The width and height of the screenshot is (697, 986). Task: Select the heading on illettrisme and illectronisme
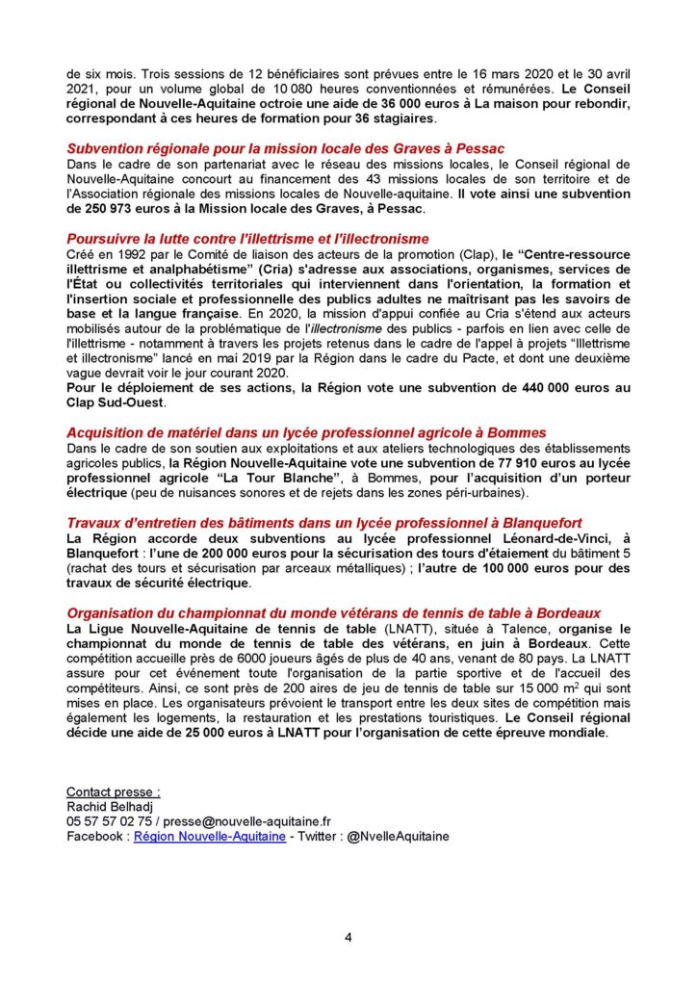coord(247,238)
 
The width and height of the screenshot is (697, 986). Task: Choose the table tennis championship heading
coord(333,612)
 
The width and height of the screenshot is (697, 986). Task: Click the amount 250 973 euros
coord(113,209)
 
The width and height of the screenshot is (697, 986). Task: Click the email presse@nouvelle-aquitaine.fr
coord(247,823)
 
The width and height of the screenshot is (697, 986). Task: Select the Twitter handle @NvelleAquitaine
coord(397,838)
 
